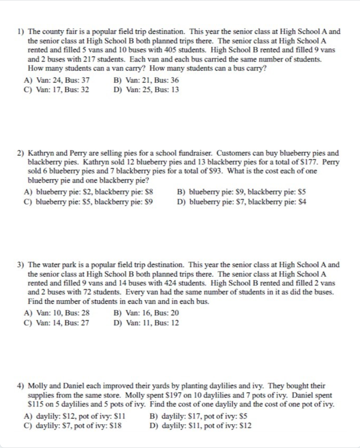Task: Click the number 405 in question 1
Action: pyautogui.click(x=180, y=50)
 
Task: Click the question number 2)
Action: pyautogui.click(x=21, y=154)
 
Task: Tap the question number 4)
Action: pyautogui.click(x=21, y=386)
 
